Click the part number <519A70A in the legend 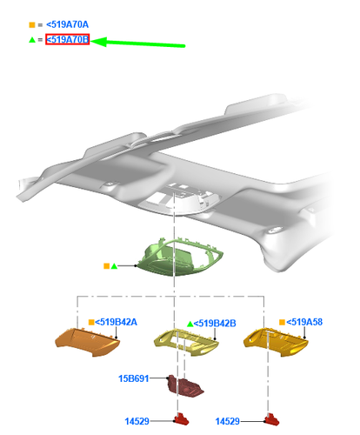(x=66, y=25)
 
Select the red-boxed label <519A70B (x=67, y=40)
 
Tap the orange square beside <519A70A (x=32, y=25)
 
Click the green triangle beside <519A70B (x=32, y=40)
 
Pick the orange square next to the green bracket (x=105, y=265)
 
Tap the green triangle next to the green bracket (x=114, y=265)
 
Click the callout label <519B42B (x=215, y=323)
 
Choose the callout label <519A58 (x=304, y=322)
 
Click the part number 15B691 (x=135, y=378)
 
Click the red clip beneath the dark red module (x=182, y=420)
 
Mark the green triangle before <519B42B (x=190, y=323)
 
